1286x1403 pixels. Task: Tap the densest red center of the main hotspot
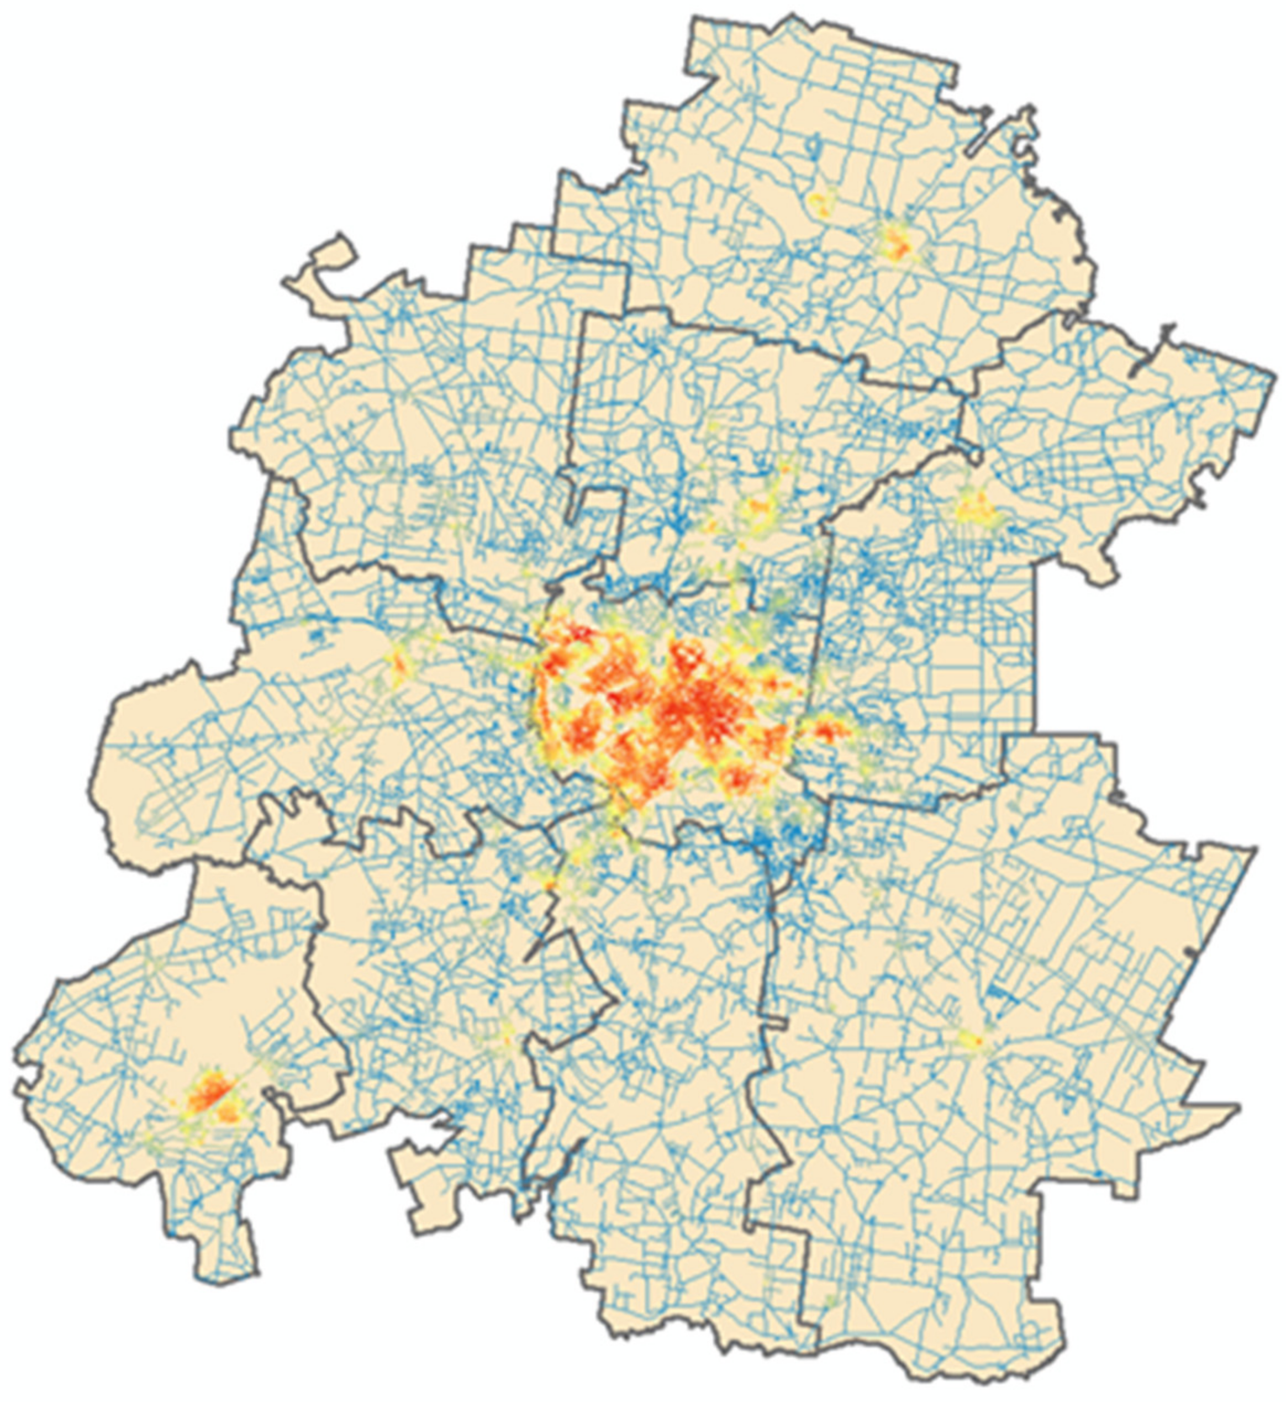[686, 710]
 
